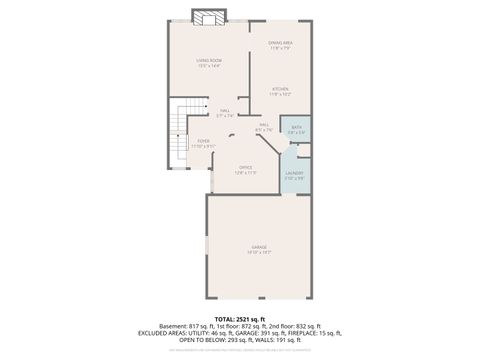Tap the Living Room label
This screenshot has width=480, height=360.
[x=208, y=63]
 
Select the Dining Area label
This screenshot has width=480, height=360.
[x=280, y=44]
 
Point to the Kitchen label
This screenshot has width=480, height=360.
[x=279, y=91]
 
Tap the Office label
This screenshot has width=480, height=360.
[x=246, y=169]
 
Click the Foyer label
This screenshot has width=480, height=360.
[x=203, y=143]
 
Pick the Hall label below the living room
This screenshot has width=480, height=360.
[x=225, y=112]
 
